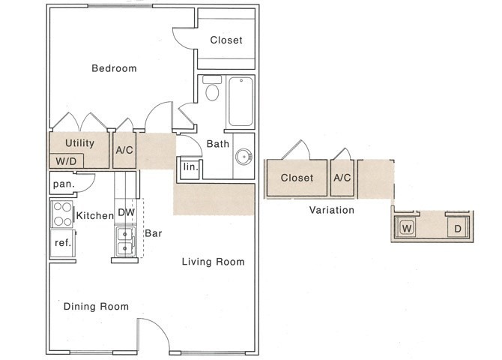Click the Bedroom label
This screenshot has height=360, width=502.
click(x=114, y=68)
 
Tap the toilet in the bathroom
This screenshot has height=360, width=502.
click(x=212, y=88)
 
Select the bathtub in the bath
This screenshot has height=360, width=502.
click(x=241, y=101)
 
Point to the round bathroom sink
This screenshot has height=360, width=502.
click(x=244, y=157)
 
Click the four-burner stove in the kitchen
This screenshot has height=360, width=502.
click(x=62, y=214)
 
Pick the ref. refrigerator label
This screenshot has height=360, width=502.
click(x=63, y=243)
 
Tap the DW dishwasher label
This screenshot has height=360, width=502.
click(x=127, y=212)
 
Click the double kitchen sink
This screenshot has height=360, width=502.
click(x=125, y=241)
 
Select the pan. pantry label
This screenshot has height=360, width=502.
click(x=64, y=184)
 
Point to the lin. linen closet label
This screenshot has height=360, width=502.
click(x=191, y=166)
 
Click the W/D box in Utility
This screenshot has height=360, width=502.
click(x=67, y=161)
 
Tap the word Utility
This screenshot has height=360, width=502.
click(x=79, y=143)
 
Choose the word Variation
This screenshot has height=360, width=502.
click(x=332, y=210)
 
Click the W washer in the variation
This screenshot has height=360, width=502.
click(x=407, y=229)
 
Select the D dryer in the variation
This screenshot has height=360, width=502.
click(x=458, y=229)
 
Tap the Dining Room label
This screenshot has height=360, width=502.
click(x=96, y=307)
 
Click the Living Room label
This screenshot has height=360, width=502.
click(x=214, y=262)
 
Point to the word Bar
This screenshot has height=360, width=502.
click(x=154, y=233)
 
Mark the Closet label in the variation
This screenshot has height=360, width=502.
click(x=297, y=178)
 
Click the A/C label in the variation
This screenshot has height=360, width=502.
click(x=342, y=178)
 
